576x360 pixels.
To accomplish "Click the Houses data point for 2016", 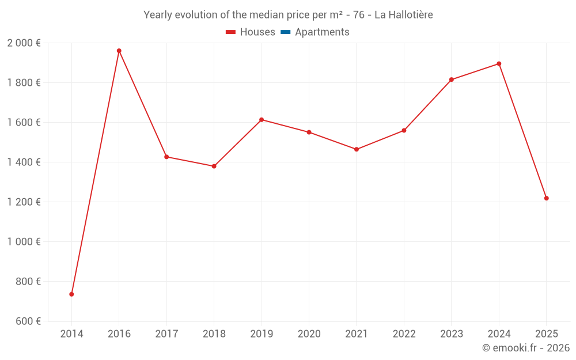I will pos(119,51).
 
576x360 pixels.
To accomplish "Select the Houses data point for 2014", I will pos(71,294).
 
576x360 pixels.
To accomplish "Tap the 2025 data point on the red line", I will pos(546,198).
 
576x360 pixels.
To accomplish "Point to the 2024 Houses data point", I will pos(499,64).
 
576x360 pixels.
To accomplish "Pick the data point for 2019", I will pos(262,120).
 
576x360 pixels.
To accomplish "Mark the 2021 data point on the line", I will pos(357,149).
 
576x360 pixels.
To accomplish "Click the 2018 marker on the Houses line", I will pos(214,166).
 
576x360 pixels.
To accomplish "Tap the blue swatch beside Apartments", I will pos(285,32).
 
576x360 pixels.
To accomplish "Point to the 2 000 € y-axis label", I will pos(24,43).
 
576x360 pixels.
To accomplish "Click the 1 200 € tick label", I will pos(24,202).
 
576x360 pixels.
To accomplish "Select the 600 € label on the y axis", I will pos(27,321).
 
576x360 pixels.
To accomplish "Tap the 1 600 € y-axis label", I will pos(24,123).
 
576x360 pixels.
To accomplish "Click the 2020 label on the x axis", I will pos(309,334).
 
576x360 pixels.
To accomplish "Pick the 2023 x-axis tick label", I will pos(451,334).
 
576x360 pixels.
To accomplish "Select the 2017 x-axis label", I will pos(166,334).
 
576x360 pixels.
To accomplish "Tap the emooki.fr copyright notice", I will pos(526,348).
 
